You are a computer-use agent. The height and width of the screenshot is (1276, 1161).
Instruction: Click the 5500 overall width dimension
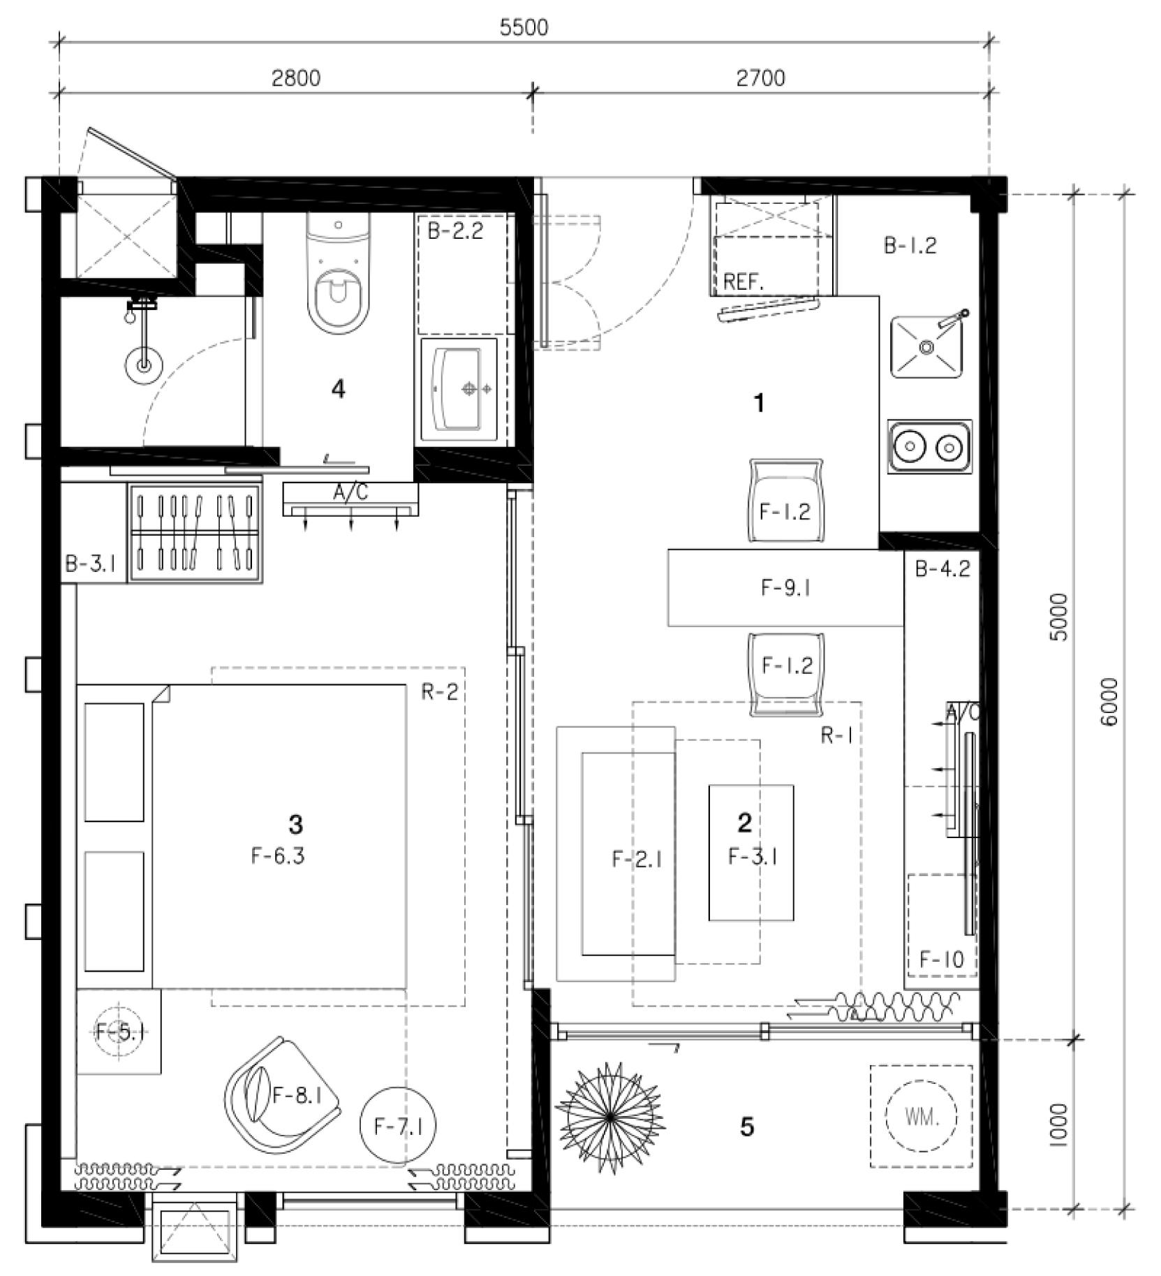[x=524, y=27]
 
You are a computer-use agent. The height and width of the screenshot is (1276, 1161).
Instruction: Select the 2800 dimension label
[x=296, y=78]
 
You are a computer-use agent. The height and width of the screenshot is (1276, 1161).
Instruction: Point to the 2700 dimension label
[x=760, y=78]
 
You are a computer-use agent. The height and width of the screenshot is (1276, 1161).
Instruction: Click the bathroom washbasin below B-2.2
[x=458, y=390]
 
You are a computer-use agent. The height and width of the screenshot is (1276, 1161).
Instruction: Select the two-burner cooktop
[x=929, y=446]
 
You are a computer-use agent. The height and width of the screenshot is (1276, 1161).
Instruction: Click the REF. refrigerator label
[x=744, y=281]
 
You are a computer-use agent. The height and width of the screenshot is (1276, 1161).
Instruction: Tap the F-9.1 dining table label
[x=786, y=588]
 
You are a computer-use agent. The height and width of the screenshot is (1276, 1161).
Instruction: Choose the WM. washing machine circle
[x=921, y=1117]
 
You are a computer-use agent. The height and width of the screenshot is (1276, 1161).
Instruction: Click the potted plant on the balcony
[x=609, y=1117]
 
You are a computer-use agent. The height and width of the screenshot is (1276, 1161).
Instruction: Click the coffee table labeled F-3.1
[x=751, y=853]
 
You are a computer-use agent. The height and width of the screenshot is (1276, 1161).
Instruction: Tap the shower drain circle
[x=143, y=364]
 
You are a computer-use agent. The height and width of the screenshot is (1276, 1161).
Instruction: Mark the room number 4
[x=339, y=389]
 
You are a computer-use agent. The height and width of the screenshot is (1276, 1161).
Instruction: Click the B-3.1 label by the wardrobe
[x=91, y=564]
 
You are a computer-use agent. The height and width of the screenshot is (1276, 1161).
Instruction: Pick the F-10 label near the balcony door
[x=941, y=960]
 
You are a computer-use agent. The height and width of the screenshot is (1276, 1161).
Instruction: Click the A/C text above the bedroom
[x=350, y=493]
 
